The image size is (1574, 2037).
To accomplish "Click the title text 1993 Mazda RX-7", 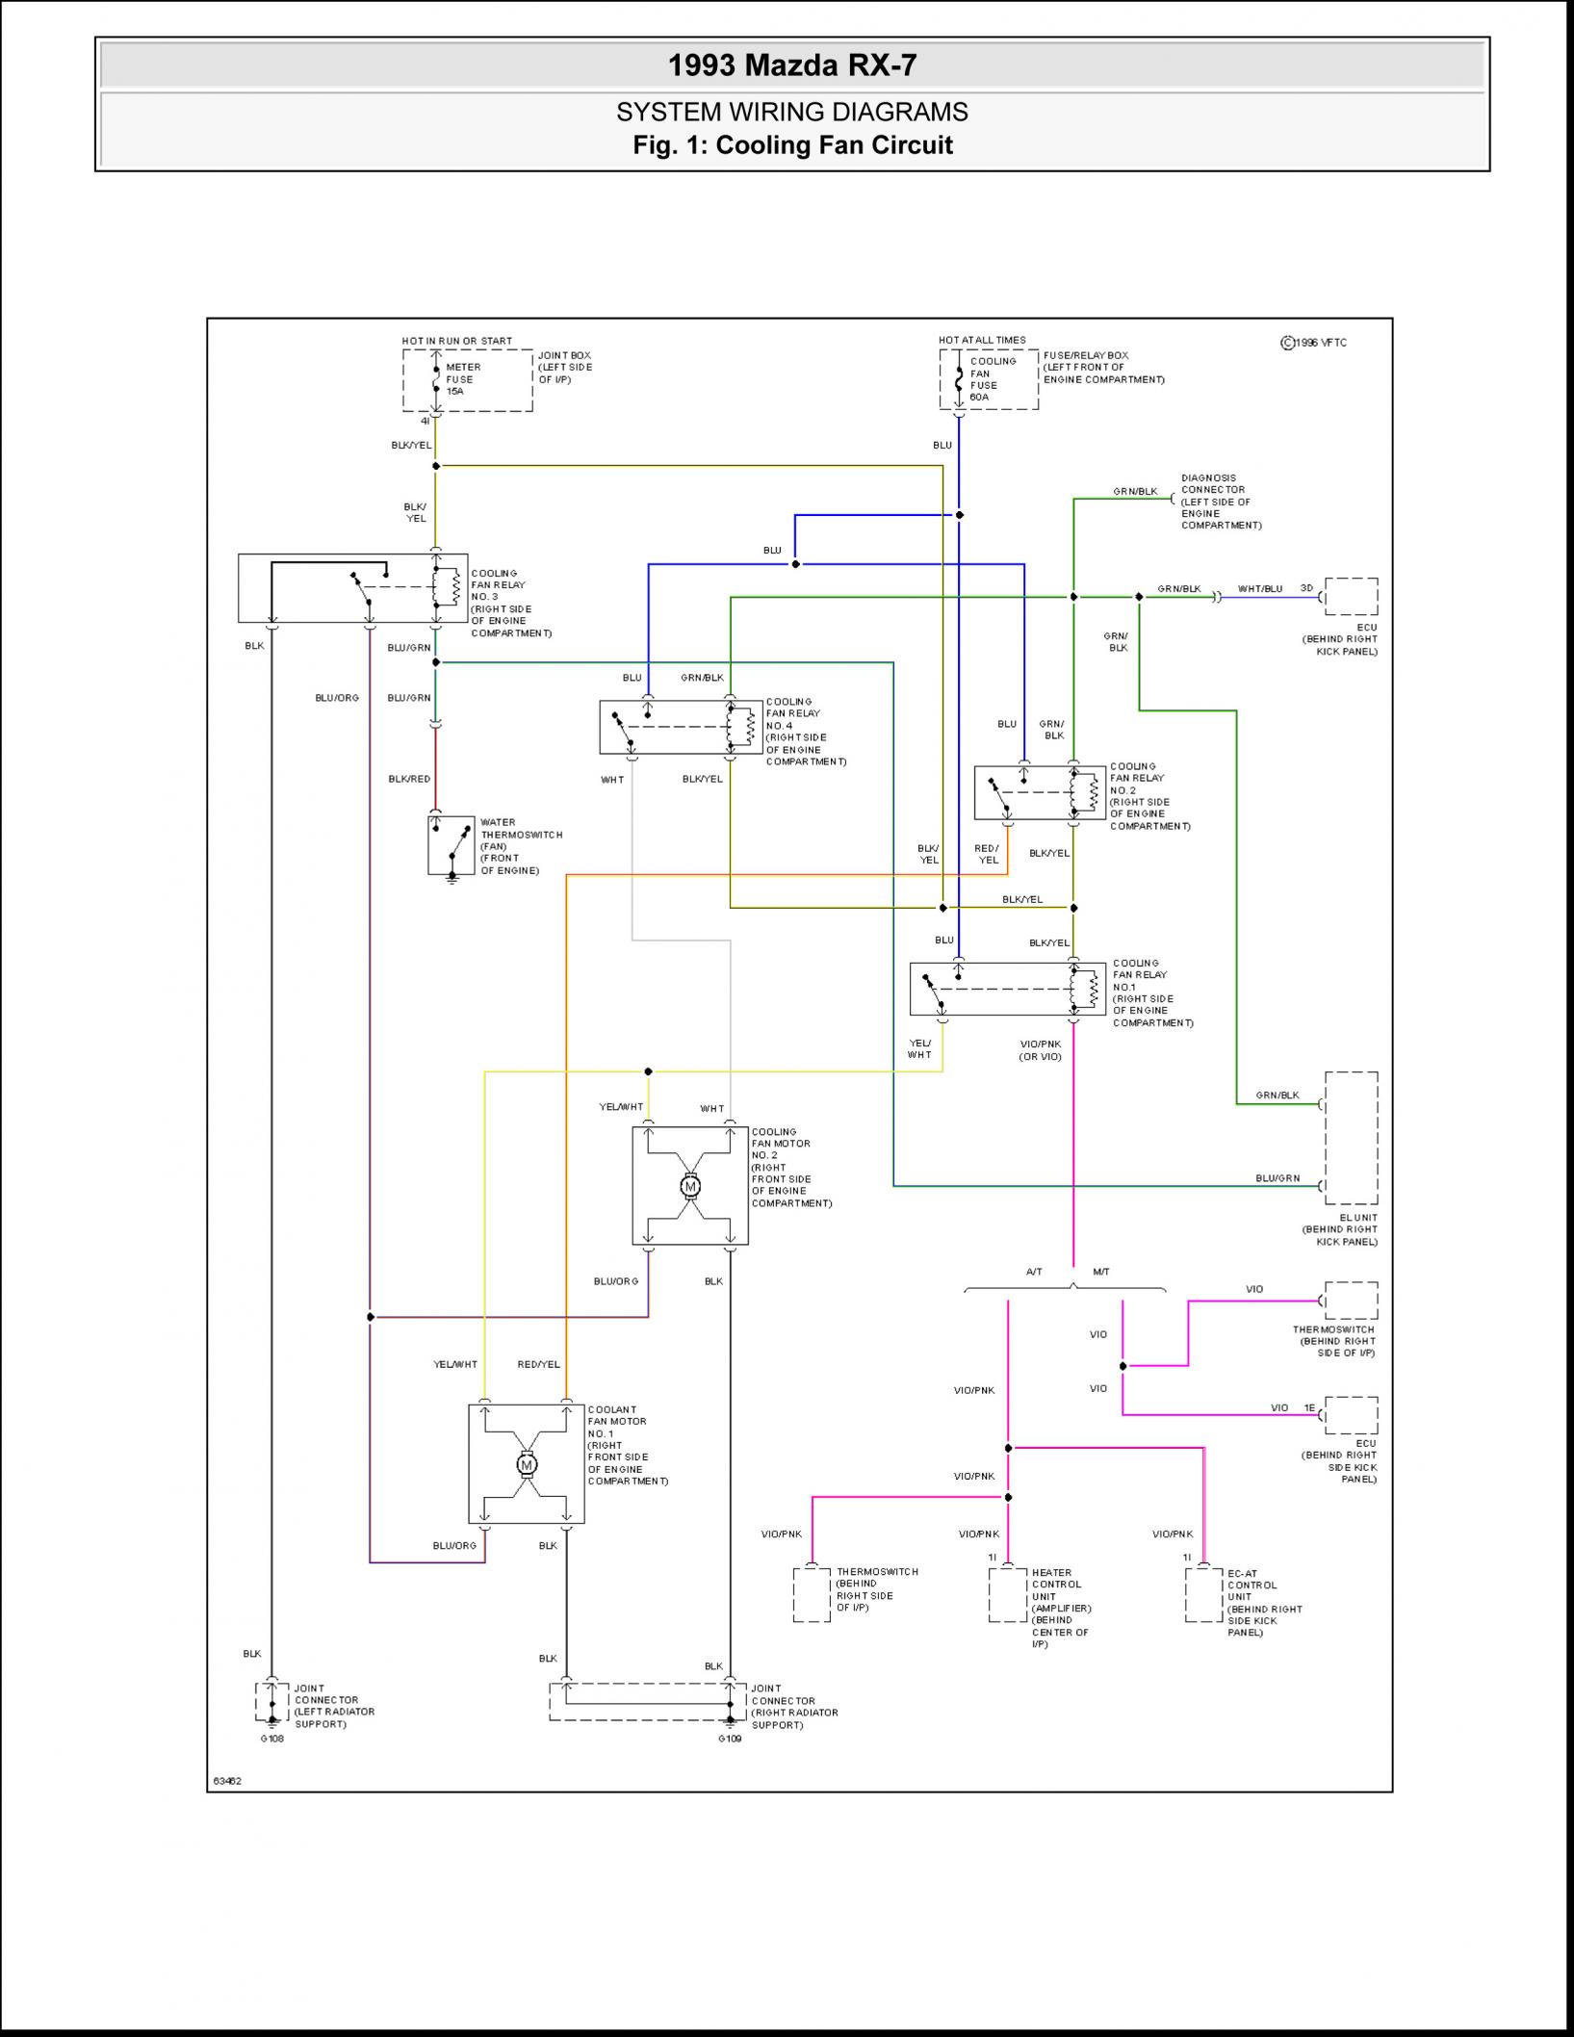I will (791, 65).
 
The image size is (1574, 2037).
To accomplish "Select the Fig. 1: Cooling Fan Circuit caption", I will (791, 145).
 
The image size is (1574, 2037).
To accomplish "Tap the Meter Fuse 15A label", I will (462, 379).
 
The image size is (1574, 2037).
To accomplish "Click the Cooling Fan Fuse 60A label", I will (992, 379).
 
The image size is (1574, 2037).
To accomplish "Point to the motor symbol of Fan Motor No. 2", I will (689, 1186).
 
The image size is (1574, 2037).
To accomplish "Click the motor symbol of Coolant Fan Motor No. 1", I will (526, 1464).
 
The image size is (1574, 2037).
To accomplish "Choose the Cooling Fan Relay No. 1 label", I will (1151, 993).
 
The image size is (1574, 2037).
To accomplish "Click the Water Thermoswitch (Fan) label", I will (520, 846).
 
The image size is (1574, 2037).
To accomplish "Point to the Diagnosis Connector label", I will (1220, 502).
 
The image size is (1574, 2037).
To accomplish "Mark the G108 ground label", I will (271, 1739).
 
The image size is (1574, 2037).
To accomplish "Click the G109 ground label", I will (730, 1739).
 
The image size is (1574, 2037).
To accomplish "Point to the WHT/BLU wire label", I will (1259, 588).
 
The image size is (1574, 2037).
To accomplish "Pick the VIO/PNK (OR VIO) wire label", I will (1040, 1049).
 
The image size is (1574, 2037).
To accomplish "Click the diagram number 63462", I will (227, 1781).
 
